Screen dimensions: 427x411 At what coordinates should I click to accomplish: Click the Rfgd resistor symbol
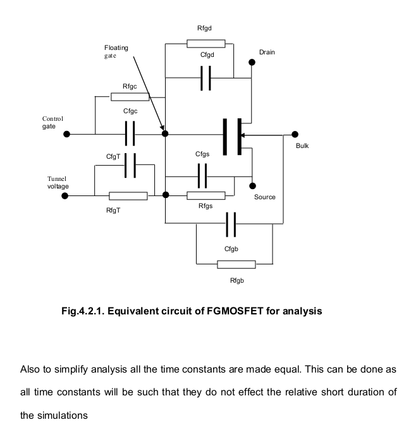[x=206, y=44]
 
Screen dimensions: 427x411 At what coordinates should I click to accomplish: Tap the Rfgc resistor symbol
[x=130, y=97]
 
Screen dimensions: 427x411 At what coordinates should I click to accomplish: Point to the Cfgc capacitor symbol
[x=130, y=134]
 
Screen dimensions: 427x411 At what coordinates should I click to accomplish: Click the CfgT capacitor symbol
[x=130, y=166]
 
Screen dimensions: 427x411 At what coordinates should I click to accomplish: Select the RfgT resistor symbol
[x=128, y=196]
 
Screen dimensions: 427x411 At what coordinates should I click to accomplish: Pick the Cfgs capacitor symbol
[x=202, y=176]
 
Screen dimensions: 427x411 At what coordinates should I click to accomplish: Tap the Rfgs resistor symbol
[x=206, y=195]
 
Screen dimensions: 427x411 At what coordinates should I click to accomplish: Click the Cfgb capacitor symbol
[x=231, y=223]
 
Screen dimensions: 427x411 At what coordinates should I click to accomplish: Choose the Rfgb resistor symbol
[x=236, y=264]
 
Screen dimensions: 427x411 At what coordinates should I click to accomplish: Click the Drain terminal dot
[x=252, y=63]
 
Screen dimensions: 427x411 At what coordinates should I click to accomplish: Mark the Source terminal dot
[x=252, y=186]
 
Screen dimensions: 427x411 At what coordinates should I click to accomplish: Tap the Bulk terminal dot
[x=295, y=134]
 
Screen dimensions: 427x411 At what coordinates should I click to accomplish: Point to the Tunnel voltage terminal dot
[x=66, y=196]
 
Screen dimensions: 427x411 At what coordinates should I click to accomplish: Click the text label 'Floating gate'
[x=116, y=51]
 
